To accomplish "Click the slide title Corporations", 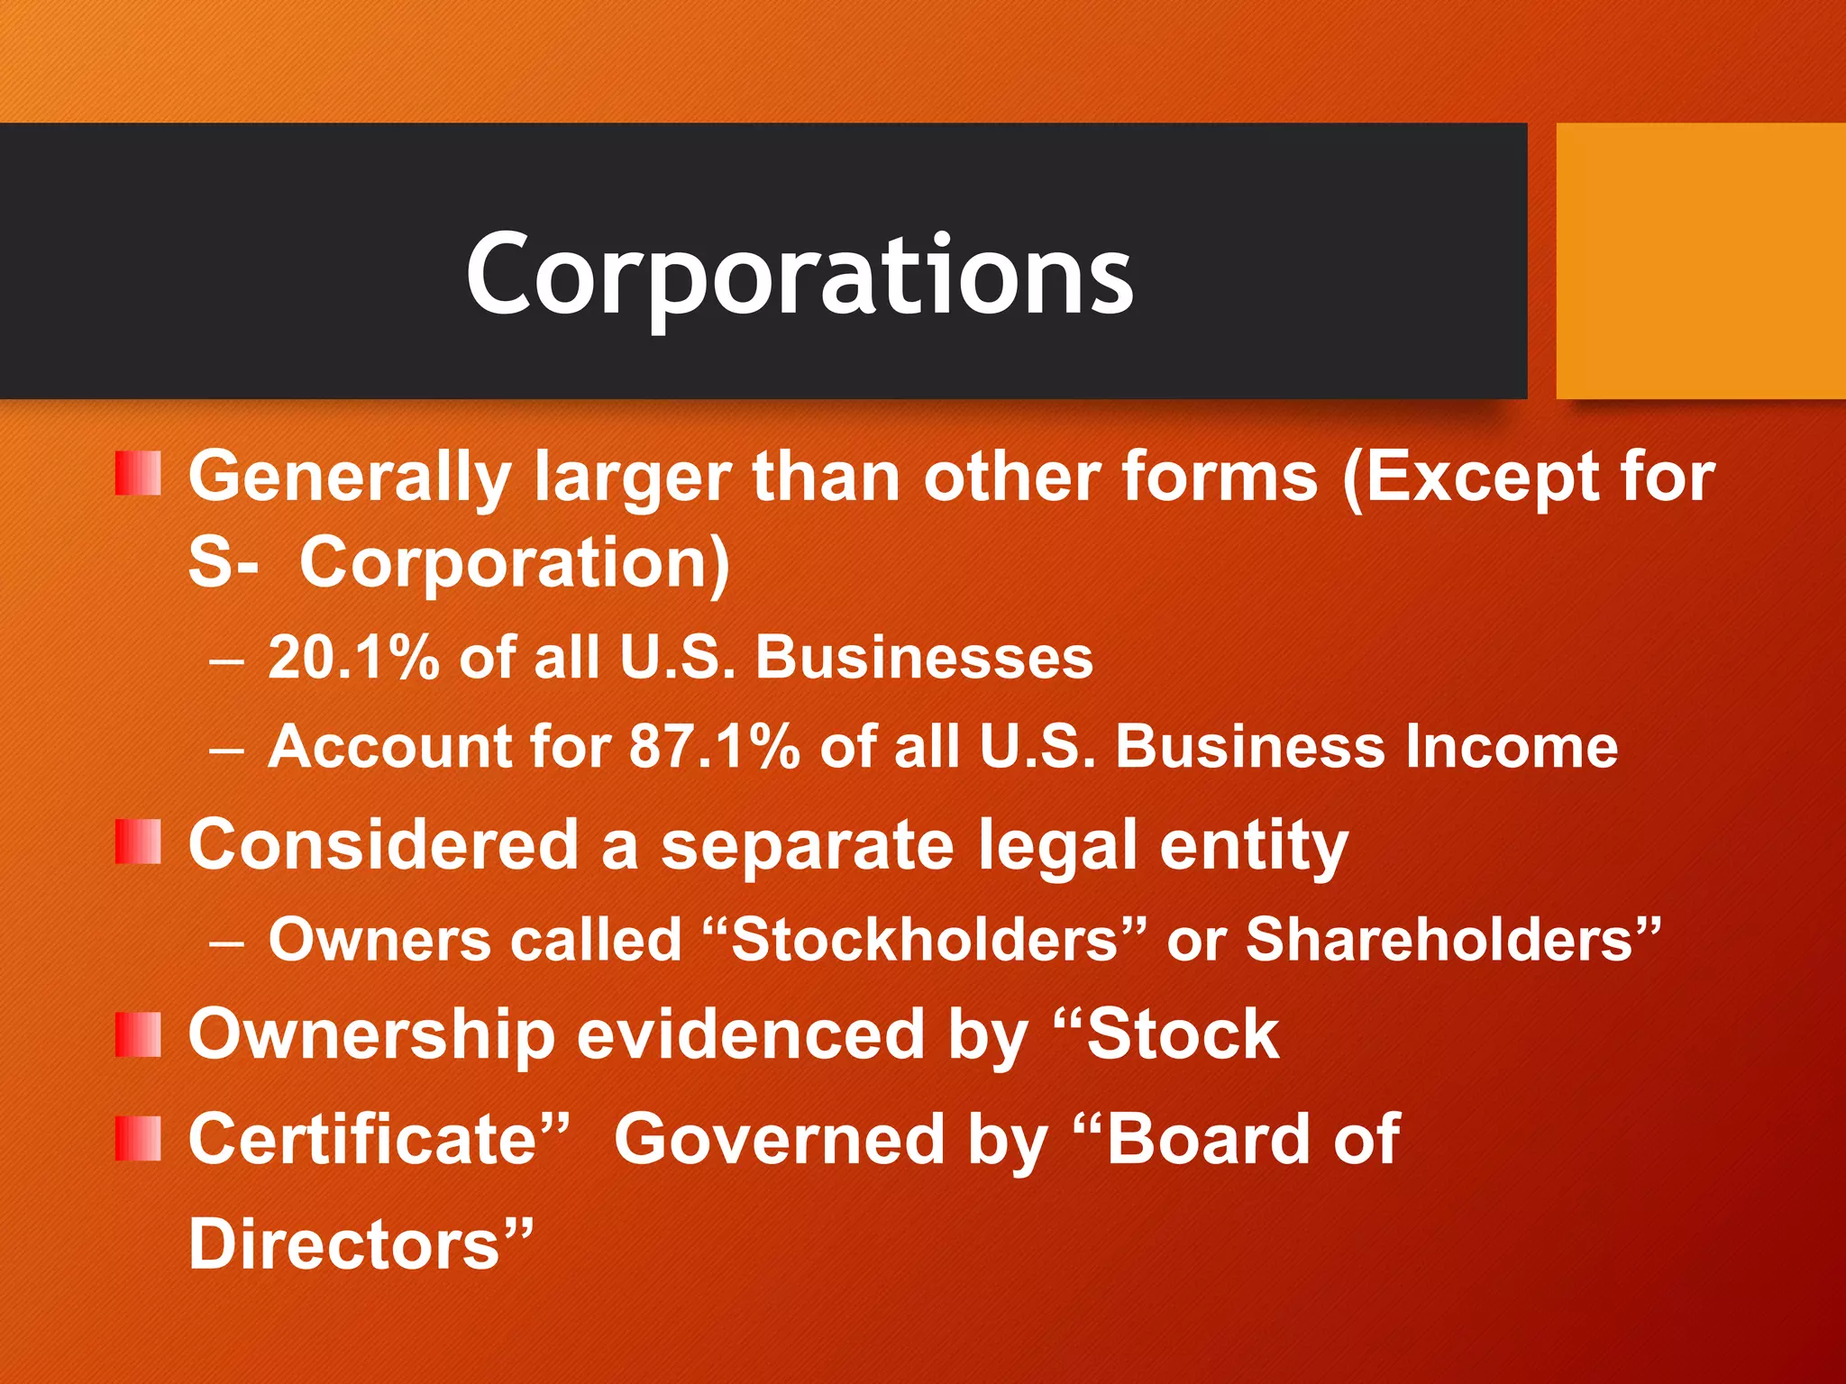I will tap(799, 274).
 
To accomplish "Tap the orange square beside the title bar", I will tap(1700, 260).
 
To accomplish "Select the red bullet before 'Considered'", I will tap(138, 842).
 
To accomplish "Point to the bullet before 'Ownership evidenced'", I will tap(138, 1033).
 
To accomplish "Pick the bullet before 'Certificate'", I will tap(138, 1138).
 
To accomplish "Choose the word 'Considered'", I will tap(383, 845).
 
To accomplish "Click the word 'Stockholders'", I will tap(924, 940).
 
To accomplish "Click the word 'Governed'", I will tap(779, 1140).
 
